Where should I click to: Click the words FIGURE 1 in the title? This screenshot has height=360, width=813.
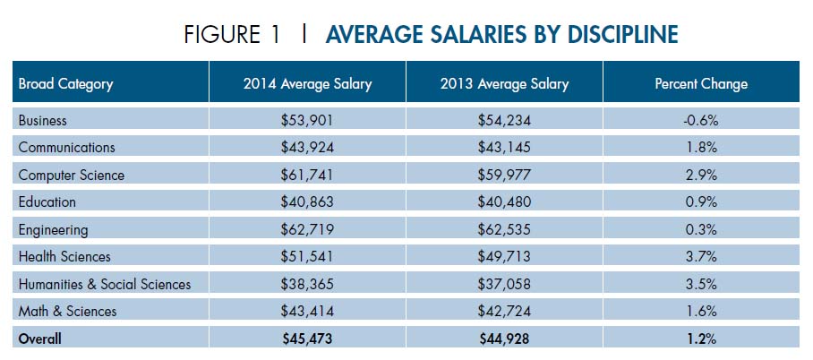coord(231,35)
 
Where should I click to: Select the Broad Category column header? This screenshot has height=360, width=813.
coord(65,84)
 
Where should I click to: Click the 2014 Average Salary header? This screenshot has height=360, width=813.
coord(307,84)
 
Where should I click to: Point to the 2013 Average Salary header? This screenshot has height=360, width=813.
coord(504,84)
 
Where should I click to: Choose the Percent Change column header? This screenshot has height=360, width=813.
coord(701,84)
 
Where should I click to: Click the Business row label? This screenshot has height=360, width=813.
coord(42,120)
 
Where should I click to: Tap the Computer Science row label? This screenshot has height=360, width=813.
coord(71,175)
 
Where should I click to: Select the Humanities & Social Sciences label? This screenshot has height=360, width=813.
coord(105,284)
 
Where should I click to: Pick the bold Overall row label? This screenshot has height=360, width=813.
coord(41,339)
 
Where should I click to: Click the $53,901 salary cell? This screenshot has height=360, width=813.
coord(307,120)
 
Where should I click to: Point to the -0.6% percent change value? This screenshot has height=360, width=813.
coord(701,120)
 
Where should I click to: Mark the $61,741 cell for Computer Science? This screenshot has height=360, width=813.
coord(307,175)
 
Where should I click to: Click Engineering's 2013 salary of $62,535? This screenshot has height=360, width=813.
coord(504,229)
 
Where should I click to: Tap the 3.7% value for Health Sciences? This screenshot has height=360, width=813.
coord(701,257)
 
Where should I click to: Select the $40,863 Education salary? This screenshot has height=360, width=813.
coord(307,202)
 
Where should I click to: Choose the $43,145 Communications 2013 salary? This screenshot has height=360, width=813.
coord(504,148)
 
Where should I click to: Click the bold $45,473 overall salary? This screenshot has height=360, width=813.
coord(307,339)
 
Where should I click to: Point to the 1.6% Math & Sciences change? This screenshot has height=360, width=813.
coord(701,312)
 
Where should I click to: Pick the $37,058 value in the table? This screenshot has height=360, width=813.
coord(504,284)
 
